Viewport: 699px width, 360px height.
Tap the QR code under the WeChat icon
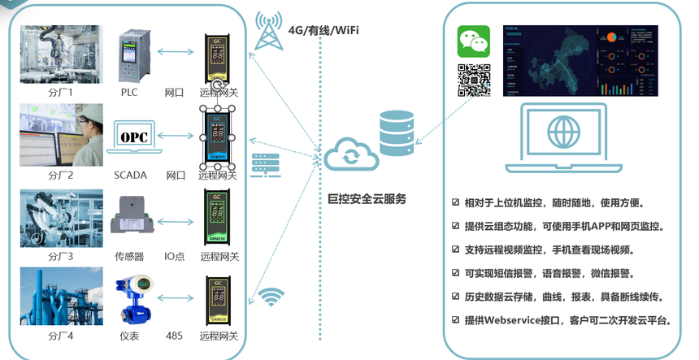tap(473, 80)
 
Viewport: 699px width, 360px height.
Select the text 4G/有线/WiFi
tap(323, 31)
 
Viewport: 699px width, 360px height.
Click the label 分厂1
tap(60, 93)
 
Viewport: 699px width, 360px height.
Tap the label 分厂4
tap(60, 335)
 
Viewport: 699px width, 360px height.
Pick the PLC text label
tap(130, 93)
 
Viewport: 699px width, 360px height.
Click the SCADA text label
tap(130, 175)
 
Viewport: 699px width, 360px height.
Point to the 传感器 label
tap(128, 256)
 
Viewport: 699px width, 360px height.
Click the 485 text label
tap(174, 335)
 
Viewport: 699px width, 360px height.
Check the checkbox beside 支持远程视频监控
tap(456, 249)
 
